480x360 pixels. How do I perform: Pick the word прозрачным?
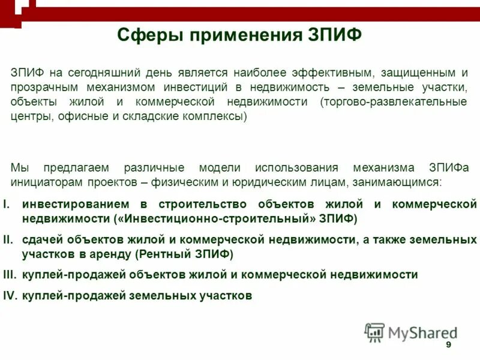point(41,88)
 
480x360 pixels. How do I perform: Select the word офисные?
point(80,116)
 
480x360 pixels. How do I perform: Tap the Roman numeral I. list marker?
point(7,205)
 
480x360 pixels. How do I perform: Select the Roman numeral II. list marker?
point(8,240)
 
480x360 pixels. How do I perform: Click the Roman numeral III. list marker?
point(10,275)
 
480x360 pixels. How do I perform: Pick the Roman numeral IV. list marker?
point(10,296)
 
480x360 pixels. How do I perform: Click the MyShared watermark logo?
point(411,332)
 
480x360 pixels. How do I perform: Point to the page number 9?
point(448,346)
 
